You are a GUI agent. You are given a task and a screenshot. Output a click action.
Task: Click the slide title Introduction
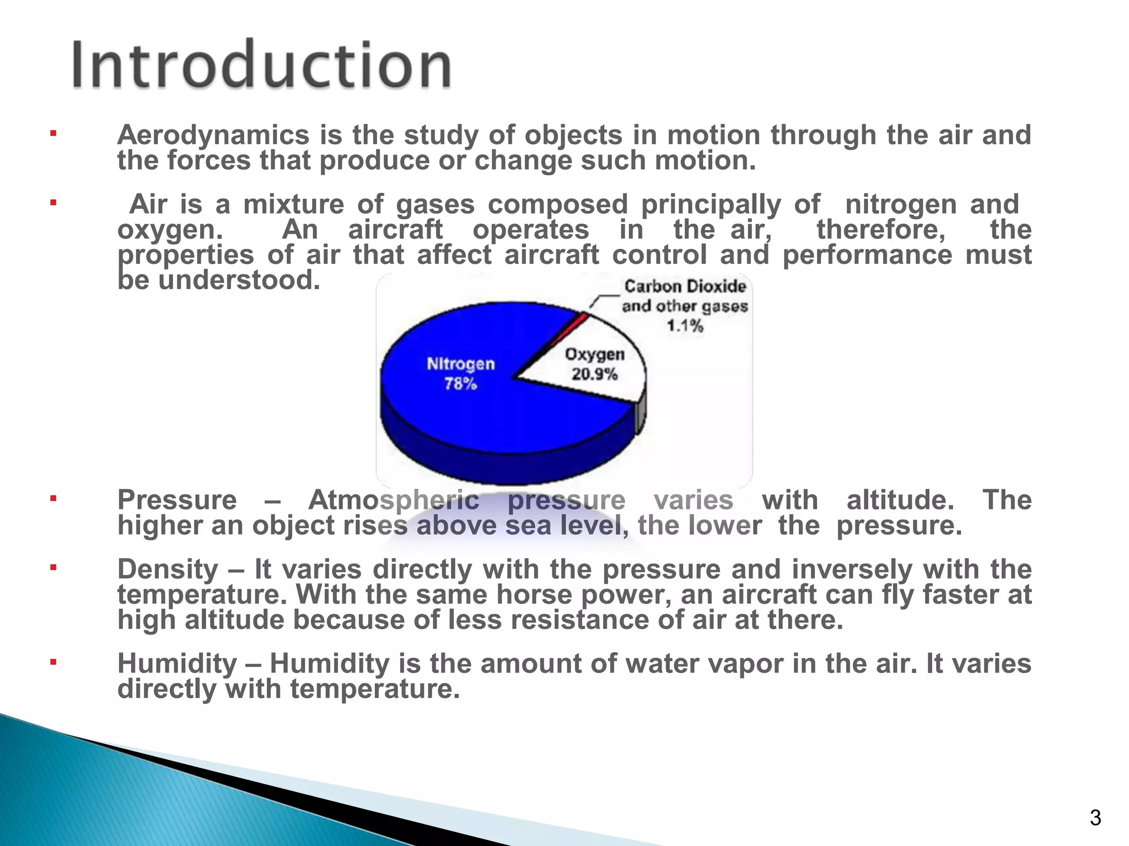[x=261, y=65]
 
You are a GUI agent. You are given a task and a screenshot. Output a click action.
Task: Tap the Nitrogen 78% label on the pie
[x=461, y=373]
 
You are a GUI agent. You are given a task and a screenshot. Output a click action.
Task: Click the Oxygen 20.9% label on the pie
[x=594, y=364]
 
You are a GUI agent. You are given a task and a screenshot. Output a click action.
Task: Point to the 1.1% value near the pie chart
[x=685, y=326]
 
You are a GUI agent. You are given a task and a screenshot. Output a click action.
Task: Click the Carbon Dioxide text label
[x=685, y=286]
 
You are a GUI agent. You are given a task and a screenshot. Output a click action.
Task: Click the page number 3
[x=1095, y=817]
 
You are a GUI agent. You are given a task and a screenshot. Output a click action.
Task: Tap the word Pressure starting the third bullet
[x=177, y=500]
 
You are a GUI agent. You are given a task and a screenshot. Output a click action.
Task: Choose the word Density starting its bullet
[x=168, y=569]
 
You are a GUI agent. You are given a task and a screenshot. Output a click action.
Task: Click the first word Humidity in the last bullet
[x=177, y=664]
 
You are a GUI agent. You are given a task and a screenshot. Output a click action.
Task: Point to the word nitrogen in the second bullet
[x=900, y=204]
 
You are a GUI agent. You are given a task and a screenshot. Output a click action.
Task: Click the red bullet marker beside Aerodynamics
[x=53, y=133]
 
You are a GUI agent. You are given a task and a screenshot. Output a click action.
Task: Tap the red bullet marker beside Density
[x=53, y=567]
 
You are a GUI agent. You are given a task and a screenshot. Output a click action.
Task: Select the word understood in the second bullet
[x=239, y=280]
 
